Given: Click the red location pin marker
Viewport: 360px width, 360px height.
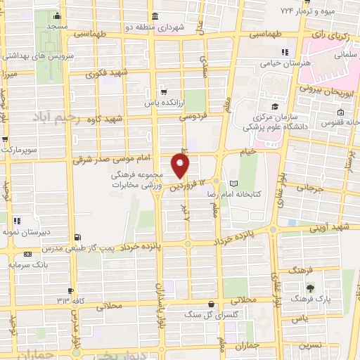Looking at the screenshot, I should tap(181, 166).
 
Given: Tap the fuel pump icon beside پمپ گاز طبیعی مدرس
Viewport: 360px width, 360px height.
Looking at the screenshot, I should tap(77, 237).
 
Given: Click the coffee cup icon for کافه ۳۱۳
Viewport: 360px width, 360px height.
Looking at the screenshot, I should tap(71, 290).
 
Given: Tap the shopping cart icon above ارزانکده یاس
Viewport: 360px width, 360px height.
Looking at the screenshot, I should tap(163, 91).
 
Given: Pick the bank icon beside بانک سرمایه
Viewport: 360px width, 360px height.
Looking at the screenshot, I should tap(27, 255).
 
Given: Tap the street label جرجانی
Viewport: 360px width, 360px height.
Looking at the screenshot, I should tap(312, 188).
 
